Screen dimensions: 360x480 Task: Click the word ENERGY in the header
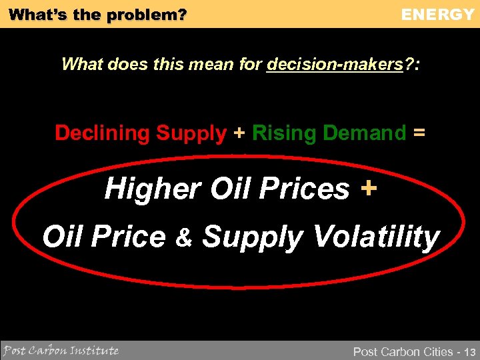pos(437,14)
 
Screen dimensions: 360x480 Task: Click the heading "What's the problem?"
pos(98,14)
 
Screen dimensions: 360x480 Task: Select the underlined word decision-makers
pos(335,64)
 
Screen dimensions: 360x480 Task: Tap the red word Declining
pos(102,133)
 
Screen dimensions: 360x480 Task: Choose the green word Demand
pos(364,133)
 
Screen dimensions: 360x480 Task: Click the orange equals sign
pos(419,133)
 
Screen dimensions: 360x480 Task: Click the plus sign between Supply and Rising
pos(239,133)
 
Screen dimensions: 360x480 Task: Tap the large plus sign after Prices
pos(368,189)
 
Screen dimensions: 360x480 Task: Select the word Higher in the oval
pos(153,189)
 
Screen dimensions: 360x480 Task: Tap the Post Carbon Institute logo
pos(61,350)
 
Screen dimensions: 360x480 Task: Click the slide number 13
pos(470,351)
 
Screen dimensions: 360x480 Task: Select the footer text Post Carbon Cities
pos(403,351)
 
